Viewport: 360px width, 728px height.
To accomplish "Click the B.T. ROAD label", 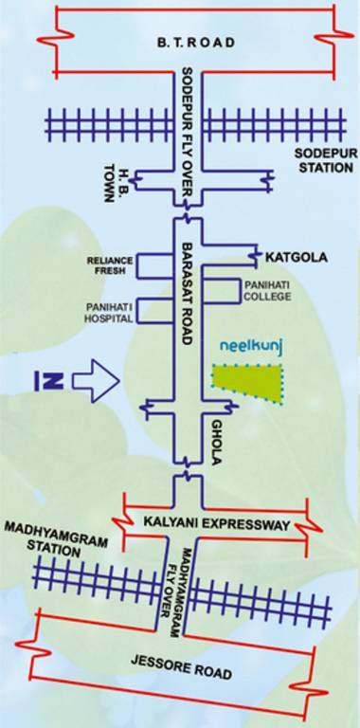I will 196,44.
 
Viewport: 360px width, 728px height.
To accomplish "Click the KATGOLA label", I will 290,256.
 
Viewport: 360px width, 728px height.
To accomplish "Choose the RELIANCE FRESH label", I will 106,264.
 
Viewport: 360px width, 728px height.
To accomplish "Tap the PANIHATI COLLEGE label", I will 267,290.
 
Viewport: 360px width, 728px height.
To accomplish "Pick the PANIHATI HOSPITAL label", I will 105,314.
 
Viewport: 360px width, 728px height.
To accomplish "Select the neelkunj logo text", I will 252,348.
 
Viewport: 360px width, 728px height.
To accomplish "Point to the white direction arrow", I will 95,382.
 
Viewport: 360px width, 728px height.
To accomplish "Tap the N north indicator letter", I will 49,382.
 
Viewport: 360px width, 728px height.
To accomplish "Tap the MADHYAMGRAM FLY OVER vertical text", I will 181,582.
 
